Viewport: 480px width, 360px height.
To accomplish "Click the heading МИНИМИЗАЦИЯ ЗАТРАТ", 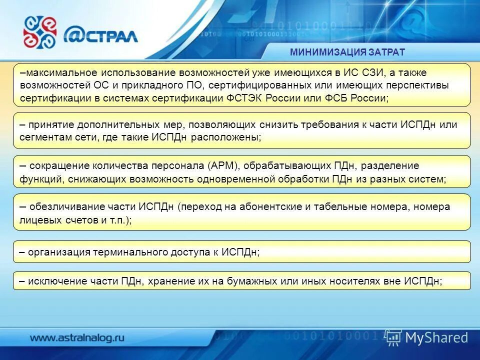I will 347,52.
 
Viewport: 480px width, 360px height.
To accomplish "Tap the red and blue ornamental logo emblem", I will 40,32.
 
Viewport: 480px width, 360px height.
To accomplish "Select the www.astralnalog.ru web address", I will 77,337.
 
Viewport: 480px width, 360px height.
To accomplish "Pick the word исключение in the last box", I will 54,281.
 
